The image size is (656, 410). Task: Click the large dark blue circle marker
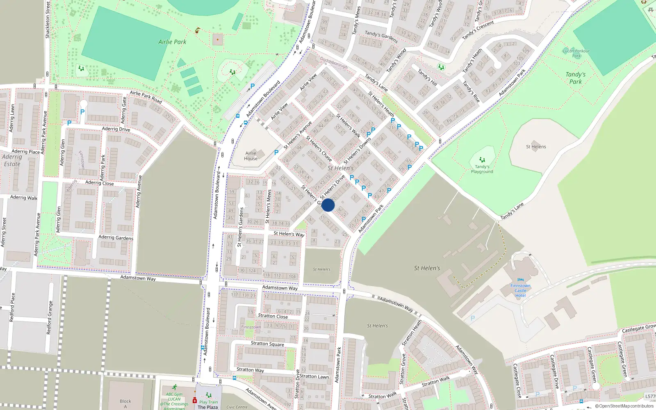(328, 205)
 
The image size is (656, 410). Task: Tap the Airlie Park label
(172, 42)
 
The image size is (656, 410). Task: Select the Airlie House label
(251, 156)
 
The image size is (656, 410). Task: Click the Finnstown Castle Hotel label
(520, 290)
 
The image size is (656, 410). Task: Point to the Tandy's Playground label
(482, 169)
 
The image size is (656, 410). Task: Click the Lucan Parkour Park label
(576, 53)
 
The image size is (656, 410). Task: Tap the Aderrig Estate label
(12, 160)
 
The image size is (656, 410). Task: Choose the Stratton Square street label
(267, 344)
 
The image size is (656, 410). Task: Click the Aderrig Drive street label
(116, 129)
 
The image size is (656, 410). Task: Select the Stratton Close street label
(273, 316)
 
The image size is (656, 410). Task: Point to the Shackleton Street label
(48, 20)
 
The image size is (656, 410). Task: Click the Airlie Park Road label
(146, 97)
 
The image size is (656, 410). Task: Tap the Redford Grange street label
(50, 318)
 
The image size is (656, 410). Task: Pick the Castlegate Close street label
(517, 380)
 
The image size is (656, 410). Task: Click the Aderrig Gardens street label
(116, 237)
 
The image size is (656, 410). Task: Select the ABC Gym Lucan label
(174, 397)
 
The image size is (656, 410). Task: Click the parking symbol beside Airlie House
(276, 153)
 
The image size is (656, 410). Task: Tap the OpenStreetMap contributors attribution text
(624, 406)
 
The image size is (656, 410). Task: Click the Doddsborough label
(334, 63)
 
